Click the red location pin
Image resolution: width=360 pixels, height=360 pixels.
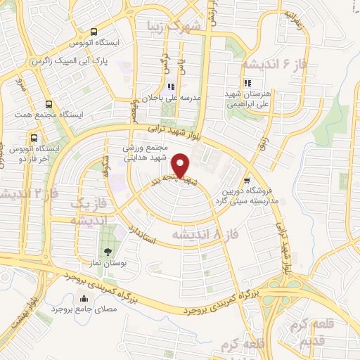click(181, 166)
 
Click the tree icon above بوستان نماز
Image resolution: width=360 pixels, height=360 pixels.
click(107, 252)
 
